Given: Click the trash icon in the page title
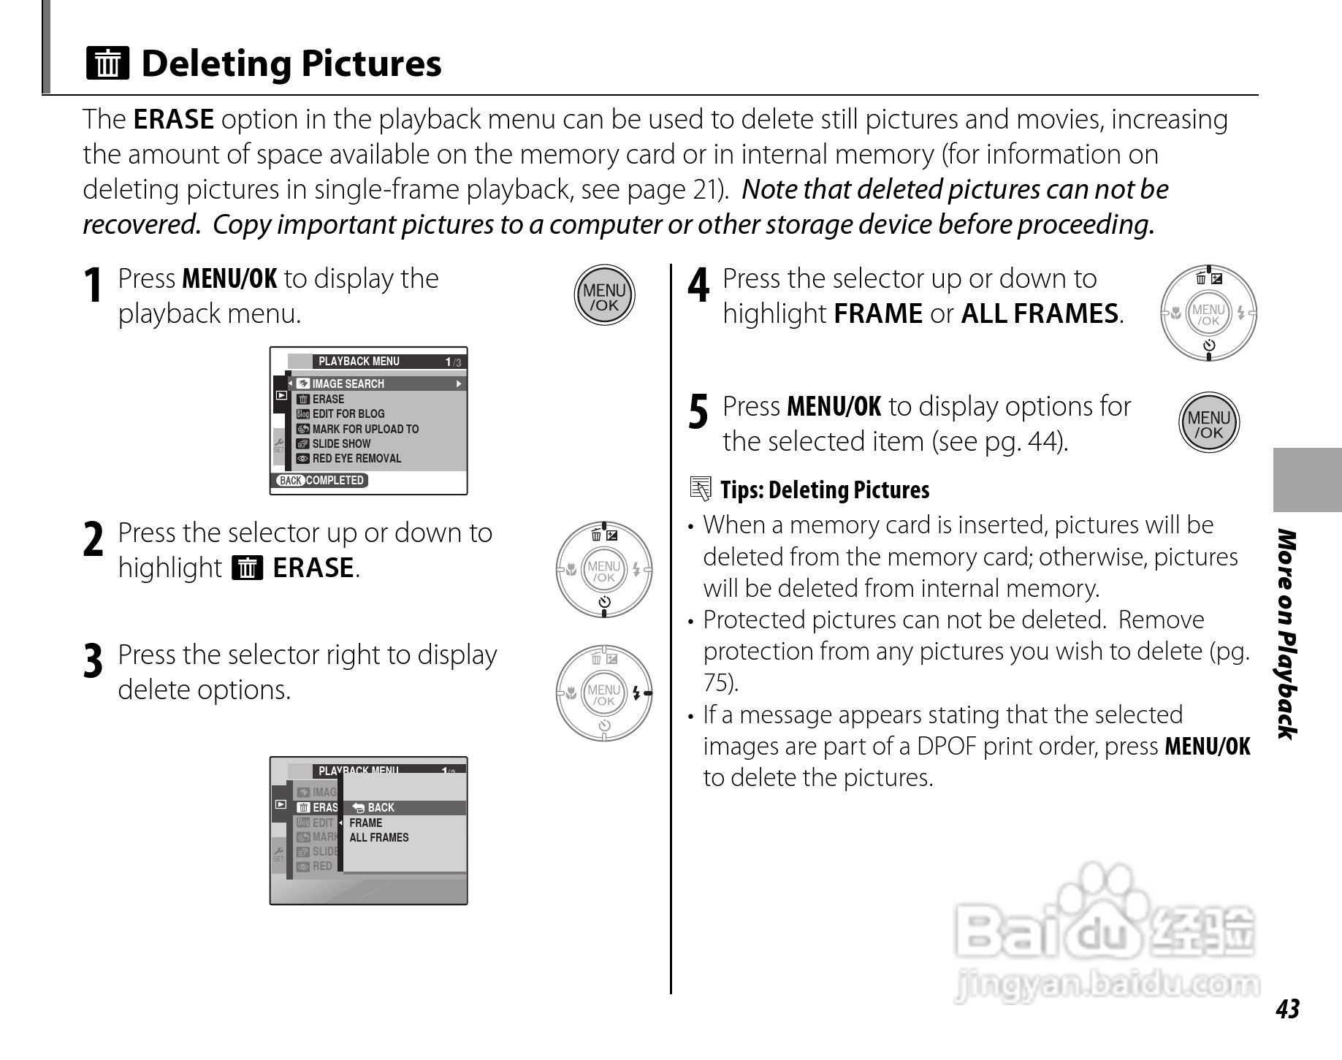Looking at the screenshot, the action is click(x=107, y=63).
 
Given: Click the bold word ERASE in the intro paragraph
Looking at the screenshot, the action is click(x=174, y=119).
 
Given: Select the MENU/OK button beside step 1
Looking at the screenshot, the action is click(x=604, y=296).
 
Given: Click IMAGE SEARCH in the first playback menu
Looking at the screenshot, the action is click(x=348, y=384).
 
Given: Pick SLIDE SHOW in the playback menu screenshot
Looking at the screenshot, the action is click(x=341, y=443).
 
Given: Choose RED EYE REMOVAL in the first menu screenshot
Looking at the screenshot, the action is click(x=357, y=459).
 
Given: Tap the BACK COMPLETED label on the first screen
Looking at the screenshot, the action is click(x=321, y=480).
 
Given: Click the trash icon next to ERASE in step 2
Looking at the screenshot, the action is click(x=247, y=568).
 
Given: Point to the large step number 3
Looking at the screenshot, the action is click(x=93, y=661).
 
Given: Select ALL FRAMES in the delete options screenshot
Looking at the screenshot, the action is click(x=379, y=838).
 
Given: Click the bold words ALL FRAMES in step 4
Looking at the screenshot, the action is click(x=1040, y=313).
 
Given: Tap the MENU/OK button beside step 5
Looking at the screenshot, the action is click(x=1209, y=423).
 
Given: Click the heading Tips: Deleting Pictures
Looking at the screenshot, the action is click(x=825, y=489).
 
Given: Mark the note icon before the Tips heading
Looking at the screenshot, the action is click(x=700, y=489).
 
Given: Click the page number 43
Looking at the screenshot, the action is click(x=1287, y=1009).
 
